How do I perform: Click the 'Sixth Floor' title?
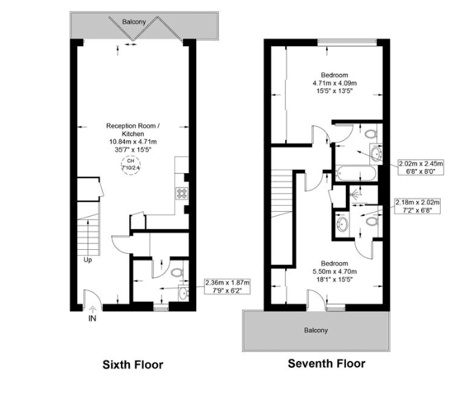tap(133, 365)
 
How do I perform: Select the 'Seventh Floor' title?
tap(326, 364)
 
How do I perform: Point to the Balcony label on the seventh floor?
tap(316, 331)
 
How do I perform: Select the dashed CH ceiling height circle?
tap(131, 166)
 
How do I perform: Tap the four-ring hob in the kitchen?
tap(184, 194)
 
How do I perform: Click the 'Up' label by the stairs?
tap(88, 260)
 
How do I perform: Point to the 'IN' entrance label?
tap(92, 319)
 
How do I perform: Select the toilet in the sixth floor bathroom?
tap(177, 273)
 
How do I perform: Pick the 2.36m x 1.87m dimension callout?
tap(227, 286)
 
